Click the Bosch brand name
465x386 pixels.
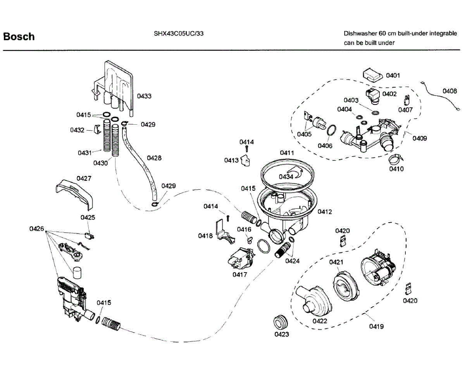(19, 36)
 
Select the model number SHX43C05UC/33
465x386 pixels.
(179, 33)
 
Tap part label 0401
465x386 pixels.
(393, 75)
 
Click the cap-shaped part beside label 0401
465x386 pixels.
(372, 75)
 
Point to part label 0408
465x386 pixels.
(449, 91)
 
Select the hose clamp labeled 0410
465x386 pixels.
(396, 159)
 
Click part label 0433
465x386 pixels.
(144, 96)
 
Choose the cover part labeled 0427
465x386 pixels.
(74, 195)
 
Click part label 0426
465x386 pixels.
(36, 229)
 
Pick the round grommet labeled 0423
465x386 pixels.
(280, 322)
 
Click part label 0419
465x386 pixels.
(376, 326)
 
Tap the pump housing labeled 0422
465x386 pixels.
(313, 302)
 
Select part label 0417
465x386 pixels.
(239, 274)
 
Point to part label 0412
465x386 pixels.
(325, 211)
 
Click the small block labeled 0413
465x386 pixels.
(245, 161)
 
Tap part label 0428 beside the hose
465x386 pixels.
(154, 158)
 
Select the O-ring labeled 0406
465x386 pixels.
(331, 130)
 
